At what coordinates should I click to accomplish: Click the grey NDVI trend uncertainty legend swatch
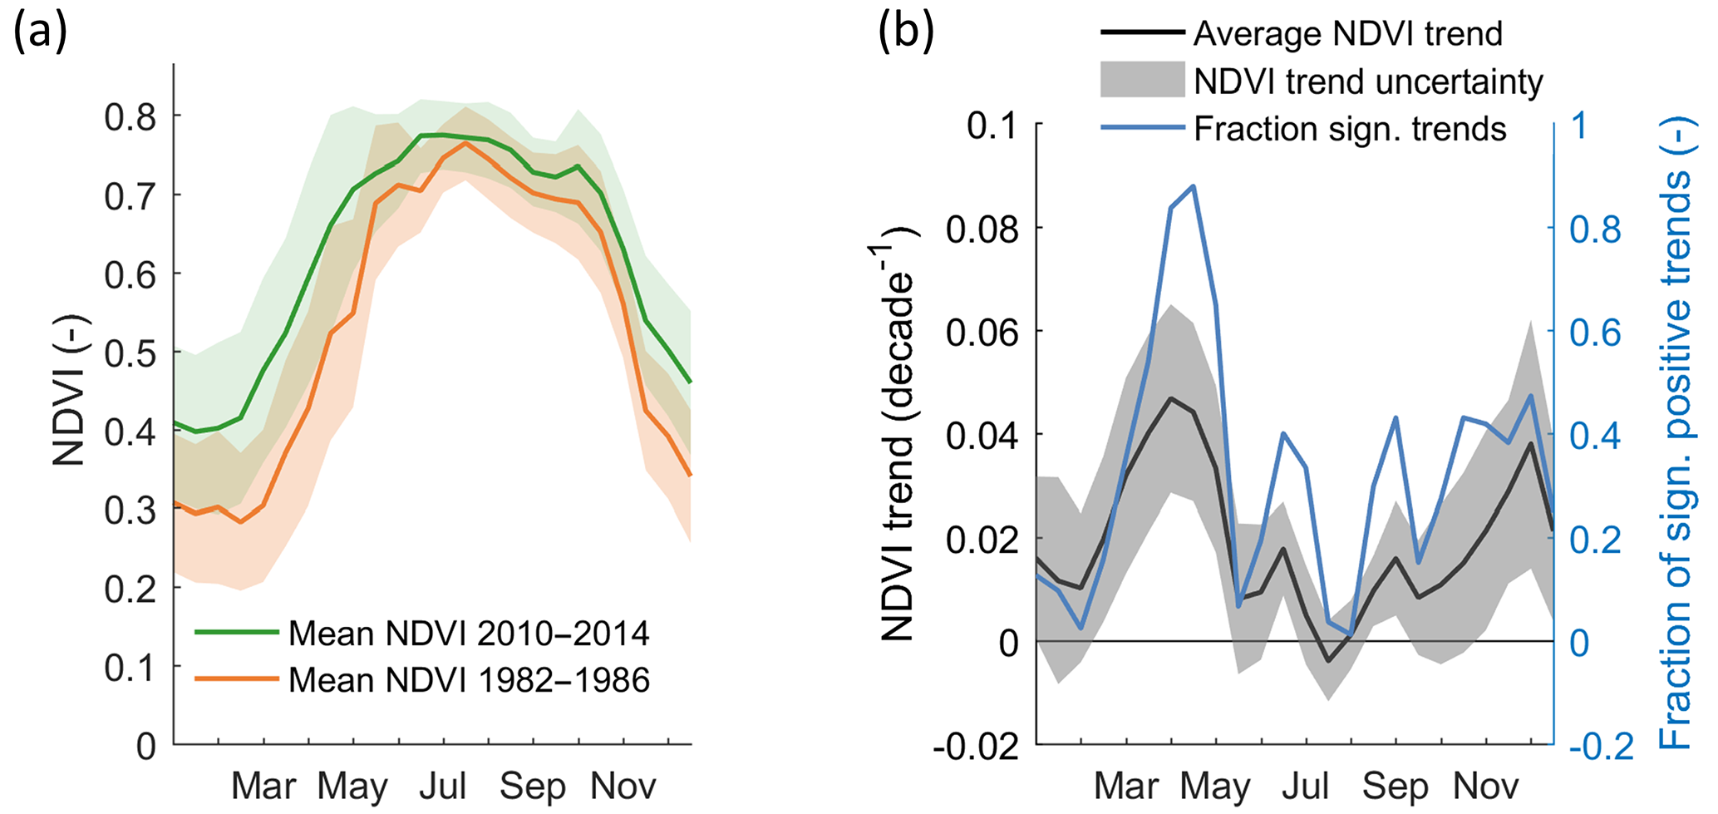point(1142,81)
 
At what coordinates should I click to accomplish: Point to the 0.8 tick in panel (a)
point(130,117)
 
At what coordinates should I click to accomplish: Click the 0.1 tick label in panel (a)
point(130,668)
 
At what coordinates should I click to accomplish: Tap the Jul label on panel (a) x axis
point(442,786)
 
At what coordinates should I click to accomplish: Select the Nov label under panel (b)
point(1485,786)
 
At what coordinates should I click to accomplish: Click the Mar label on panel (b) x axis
point(1126,786)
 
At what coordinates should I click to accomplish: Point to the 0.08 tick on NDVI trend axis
point(982,229)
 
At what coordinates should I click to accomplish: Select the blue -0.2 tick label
point(1601,747)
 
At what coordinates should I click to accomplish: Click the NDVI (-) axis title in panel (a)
point(70,391)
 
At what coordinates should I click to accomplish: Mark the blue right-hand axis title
point(1675,432)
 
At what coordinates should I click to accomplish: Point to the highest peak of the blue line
point(1194,186)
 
